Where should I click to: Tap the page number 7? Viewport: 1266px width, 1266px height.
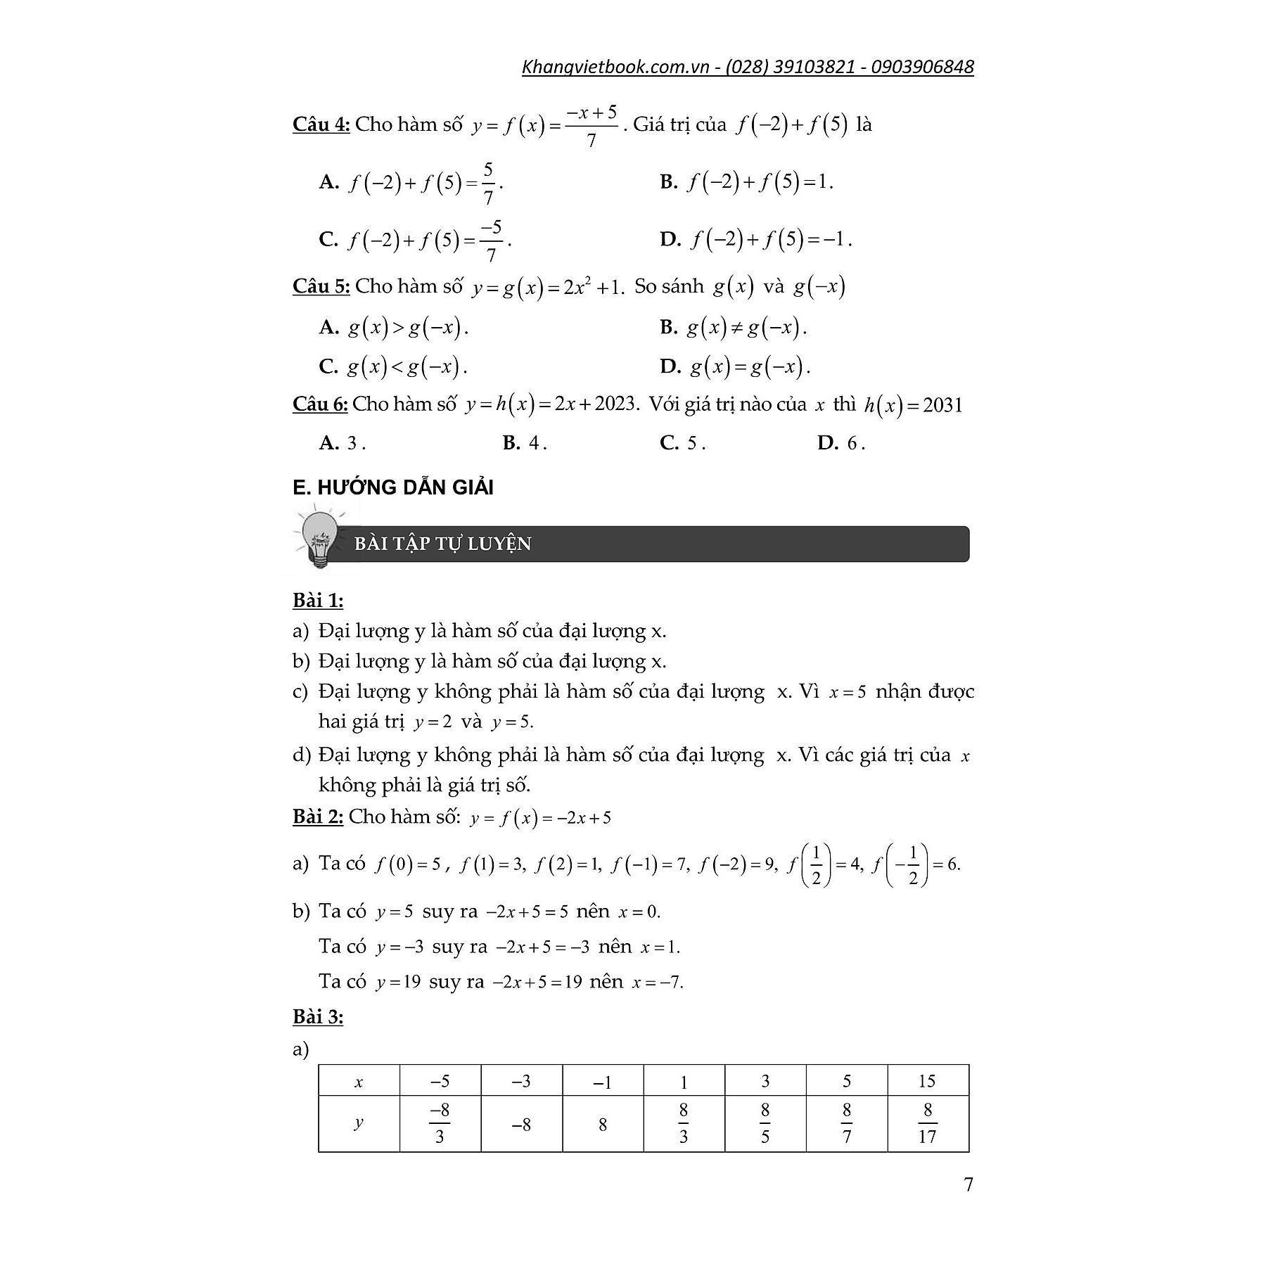coord(968,1184)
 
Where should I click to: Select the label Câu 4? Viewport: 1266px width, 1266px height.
coord(321,124)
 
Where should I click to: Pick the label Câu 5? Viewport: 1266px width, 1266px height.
coord(321,286)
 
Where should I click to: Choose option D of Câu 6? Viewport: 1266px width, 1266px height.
coord(840,443)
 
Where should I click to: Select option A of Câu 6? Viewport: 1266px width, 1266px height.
coord(342,443)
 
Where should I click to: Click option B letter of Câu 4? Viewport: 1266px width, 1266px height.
coord(668,182)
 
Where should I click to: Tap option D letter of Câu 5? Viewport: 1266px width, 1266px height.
coord(670,366)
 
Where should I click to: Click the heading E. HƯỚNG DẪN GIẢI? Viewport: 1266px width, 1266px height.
coord(392,487)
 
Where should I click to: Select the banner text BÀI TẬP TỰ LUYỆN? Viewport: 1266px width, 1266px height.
coord(442,544)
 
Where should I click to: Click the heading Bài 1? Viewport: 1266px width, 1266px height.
coord(318,601)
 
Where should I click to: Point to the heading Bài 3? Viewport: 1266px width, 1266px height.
coord(318,1017)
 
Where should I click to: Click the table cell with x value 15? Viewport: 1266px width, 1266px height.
coord(927,1081)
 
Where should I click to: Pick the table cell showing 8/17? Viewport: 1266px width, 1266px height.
coord(927,1123)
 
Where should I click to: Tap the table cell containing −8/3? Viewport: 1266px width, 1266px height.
coord(440,1123)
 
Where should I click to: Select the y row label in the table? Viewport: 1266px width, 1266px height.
coord(359,1122)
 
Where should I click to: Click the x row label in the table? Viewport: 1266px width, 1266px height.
coord(359,1082)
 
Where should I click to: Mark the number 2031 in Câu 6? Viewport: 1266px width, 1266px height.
coord(942,405)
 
